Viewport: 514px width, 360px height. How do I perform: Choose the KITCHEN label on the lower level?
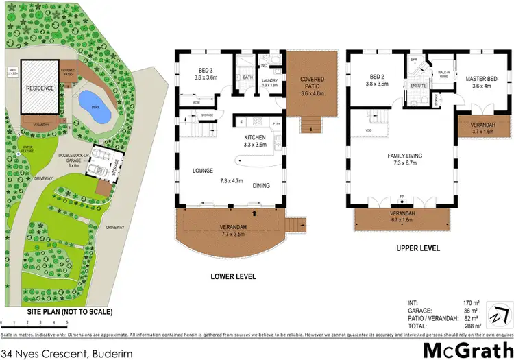click(255, 137)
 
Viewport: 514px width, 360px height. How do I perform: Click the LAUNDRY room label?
click(271, 80)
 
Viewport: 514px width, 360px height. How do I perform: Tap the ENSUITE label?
click(419, 86)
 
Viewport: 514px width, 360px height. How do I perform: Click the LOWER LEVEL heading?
click(233, 276)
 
